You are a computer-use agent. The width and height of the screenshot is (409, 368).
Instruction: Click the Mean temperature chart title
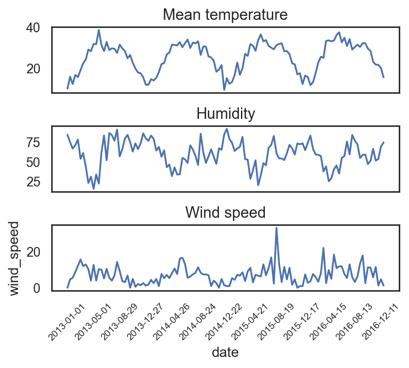[x=226, y=15]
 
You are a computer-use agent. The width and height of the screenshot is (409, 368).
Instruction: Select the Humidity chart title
[x=226, y=114]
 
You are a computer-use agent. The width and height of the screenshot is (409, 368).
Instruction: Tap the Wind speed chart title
[x=226, y=213]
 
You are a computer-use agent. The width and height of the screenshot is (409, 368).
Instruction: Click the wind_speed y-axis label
[x=15, y=258]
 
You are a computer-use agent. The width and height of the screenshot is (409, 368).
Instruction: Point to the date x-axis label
[x=226, y=352]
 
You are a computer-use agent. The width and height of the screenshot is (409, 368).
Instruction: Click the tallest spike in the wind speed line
[x=276, y=228]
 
